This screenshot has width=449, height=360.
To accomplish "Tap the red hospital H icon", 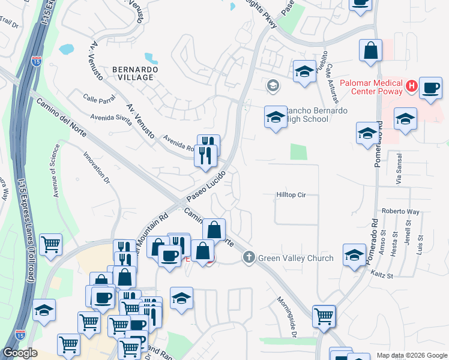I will tap(411, 86).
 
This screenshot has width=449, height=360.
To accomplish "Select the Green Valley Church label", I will tap(295, 258).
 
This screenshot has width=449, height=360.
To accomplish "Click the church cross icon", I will tap(249, 257).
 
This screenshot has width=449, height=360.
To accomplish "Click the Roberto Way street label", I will tap(400, 212).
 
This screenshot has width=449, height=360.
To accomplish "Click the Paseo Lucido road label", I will tap(206, 186).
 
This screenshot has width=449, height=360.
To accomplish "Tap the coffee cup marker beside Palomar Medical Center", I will tap(430, 88).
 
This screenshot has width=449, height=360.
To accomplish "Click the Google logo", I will tap(19, 353).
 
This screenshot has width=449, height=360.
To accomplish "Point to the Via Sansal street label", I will tap(397, 172).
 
